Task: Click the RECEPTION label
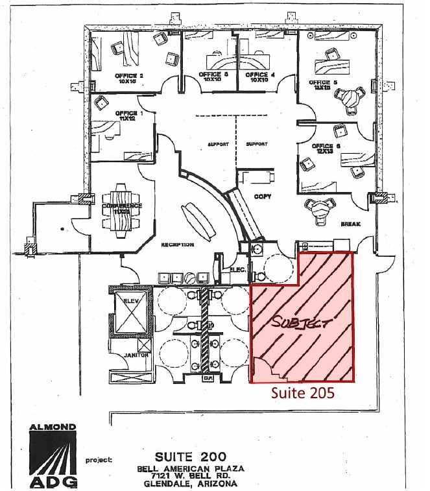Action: coord(178,245)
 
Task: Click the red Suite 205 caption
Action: coord(302,393)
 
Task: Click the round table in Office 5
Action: coord(350,97)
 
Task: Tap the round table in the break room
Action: coord(318,208)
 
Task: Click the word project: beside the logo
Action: coord(99,460)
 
